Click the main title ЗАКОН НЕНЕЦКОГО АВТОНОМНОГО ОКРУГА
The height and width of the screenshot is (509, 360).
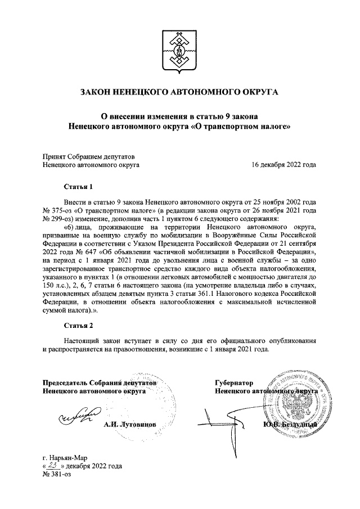coord(179,91)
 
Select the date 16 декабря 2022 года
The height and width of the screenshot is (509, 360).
coord(284,165)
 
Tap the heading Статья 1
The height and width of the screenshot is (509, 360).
coord(78,186)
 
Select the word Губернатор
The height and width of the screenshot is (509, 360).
coord(235,382)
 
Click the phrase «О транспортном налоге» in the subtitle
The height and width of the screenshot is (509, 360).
coord(246,127)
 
